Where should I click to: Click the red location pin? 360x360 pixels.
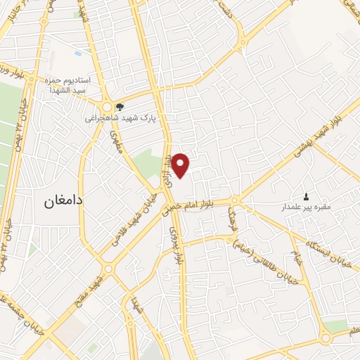181,165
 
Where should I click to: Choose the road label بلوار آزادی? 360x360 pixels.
169,170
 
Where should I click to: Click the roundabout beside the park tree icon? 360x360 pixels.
107,107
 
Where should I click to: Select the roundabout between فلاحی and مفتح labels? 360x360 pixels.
108,269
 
